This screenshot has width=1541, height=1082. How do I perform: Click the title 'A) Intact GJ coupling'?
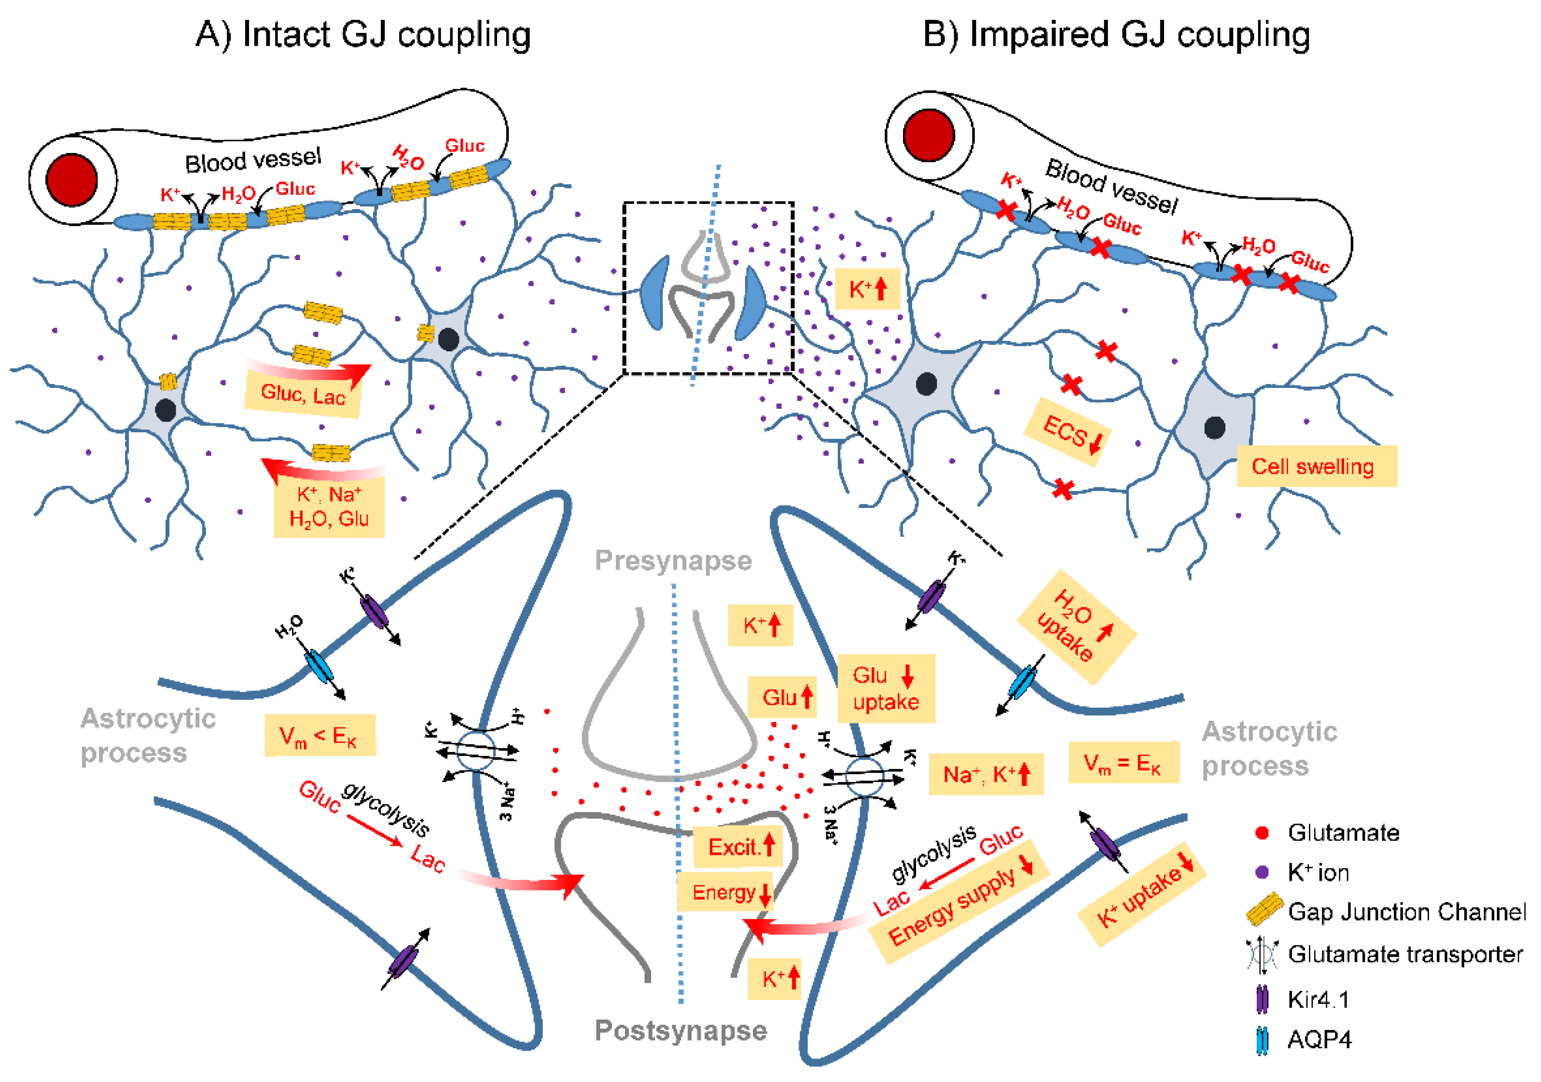click(363, 35)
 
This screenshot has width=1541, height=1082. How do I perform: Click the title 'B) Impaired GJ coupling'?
click(1116, 35)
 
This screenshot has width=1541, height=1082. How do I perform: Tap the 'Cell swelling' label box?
click(1316, 466)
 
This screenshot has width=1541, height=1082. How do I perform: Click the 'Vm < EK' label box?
click(319, 736)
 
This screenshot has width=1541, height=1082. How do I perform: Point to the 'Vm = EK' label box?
click(1123, 763)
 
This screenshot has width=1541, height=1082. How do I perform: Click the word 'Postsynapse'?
click(680, 1031)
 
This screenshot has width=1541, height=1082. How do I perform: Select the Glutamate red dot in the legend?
click(1262, 833)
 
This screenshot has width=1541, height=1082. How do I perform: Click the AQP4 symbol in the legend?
click(1262, 1041)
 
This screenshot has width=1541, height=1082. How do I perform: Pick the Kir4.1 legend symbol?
click(1262, 1000)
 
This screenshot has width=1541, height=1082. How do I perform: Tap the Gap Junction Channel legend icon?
click(1264, 910)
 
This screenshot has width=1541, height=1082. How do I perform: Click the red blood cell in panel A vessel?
click(72, 180)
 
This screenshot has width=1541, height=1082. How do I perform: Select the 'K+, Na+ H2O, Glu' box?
click(329, 508)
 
